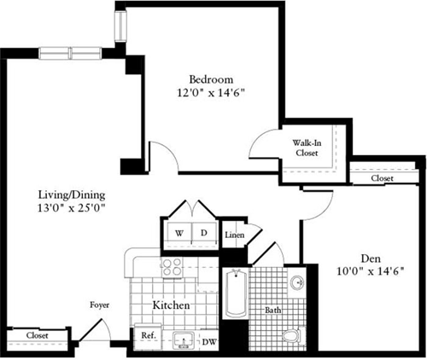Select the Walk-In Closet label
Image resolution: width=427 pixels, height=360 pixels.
306,148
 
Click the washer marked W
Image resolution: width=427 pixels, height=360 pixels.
180,232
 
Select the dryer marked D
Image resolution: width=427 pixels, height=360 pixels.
203,232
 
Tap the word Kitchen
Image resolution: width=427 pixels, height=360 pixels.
171,305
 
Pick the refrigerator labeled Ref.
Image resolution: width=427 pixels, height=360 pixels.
146,336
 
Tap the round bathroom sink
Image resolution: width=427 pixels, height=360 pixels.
295,282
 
